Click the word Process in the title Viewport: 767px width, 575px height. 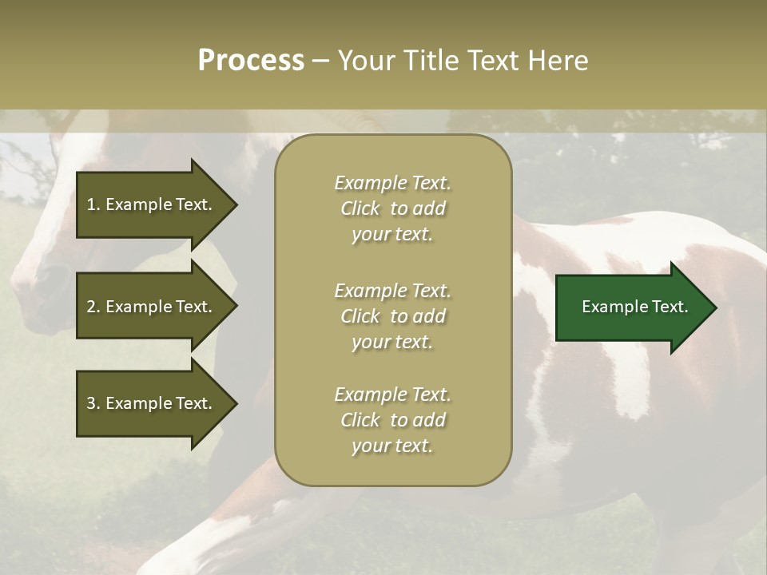251,61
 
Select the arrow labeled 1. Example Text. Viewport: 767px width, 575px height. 152,204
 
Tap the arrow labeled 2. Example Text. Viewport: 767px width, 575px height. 152,307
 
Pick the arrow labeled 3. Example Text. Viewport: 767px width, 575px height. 152,403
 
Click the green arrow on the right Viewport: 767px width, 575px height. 631,307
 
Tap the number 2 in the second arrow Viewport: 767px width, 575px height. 91,307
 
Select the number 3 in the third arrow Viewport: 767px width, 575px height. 91,403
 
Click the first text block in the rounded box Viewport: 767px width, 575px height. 392,208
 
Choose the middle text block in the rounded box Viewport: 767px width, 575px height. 392,316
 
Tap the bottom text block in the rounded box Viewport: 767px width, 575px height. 392,420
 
